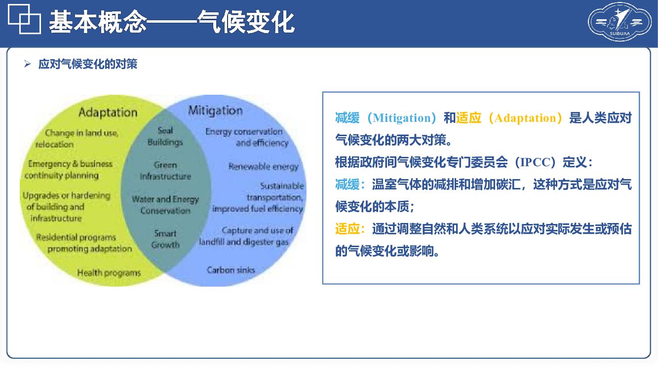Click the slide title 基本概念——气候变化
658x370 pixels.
coord(171,22)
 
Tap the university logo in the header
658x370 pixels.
coord(619,22)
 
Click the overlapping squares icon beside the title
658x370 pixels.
coord(24,21)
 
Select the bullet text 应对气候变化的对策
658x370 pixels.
coord(87,64)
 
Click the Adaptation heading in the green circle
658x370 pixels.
coord(108,112)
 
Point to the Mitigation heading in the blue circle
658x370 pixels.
coord(215,111)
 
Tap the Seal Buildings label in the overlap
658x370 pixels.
coord(165,137)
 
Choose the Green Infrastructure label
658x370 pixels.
coord(165,171)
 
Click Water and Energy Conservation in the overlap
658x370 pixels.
coord(165,205)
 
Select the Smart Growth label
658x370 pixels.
coord(165,239)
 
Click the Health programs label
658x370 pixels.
coord(109,273)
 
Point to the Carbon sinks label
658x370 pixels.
coord(231,270)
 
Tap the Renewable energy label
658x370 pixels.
coord(264,167)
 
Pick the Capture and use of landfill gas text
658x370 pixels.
coord(246,236)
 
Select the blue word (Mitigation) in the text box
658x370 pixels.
coord(402,118)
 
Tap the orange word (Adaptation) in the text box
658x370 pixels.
coord(525,118)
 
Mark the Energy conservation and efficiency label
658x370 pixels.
coord(245,137)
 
